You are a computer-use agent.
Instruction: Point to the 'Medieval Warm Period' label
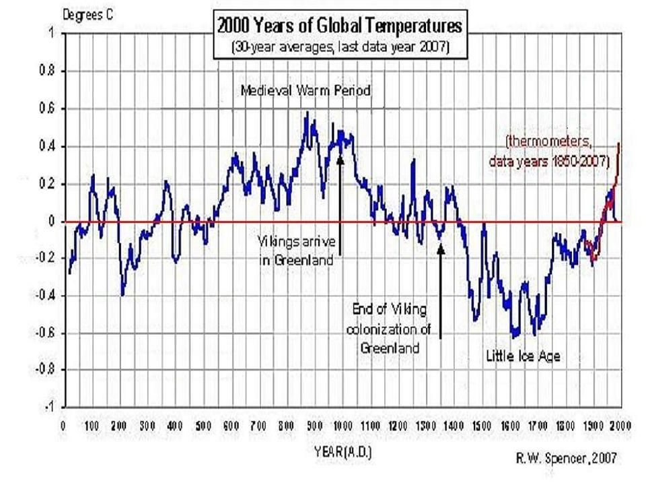pyautogui.click(x=306, y=90)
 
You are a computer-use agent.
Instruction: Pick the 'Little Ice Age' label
pyautogui.click(x=523, y=357)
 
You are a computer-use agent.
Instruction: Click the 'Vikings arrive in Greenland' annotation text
pyautogui.click(x=296, y=250)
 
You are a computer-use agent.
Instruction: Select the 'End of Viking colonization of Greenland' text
pyautogui.click(x=390, y=328)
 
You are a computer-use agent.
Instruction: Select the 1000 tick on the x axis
pyautogui.click(x=341, y=426)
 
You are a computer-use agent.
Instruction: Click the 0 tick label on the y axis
pyautogui.click(x=52, y=222)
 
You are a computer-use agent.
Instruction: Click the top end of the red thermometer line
pyautogui.click(x=619, y=142)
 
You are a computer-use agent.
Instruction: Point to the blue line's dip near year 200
pyautogui.click(x=122, y=294)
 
